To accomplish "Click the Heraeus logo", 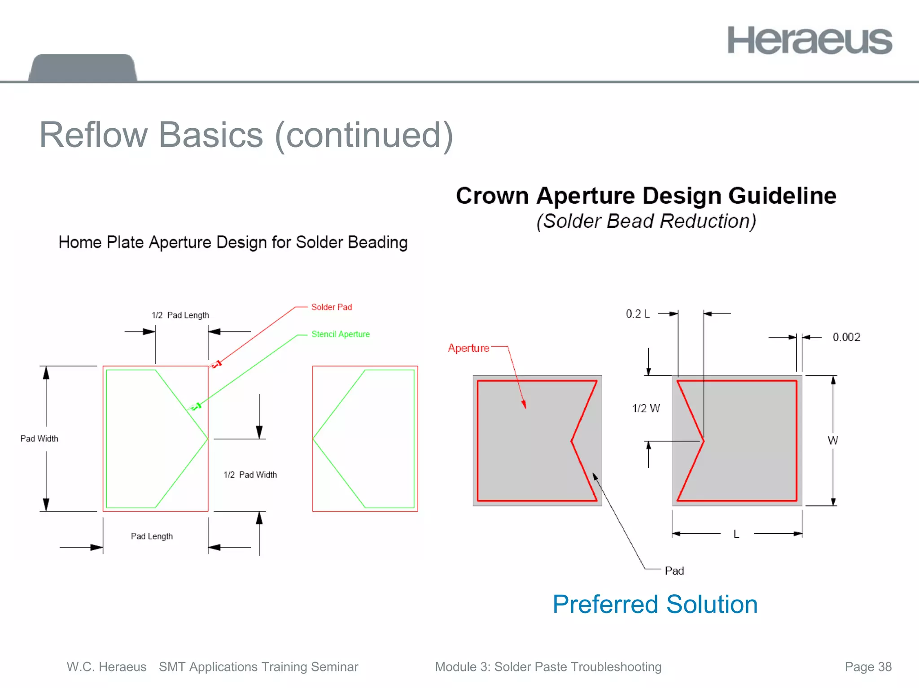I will click(x=809, y=40).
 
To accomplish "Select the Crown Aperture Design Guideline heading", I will click(x=646, y=196).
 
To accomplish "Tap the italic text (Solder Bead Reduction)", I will click(x=646, y=221).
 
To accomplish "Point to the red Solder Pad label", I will click(x=331, y=307).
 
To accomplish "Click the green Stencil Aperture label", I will click(x=340, y=334).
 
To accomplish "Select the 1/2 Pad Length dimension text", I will click(x=180, y=315).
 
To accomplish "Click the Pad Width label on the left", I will click(x=39, y=439).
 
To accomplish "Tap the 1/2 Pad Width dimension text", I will click(x=250, y=475).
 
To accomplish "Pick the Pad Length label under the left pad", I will click(x=152, y=536).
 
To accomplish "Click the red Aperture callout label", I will click(x=468, y=348).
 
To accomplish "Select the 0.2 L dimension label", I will click(x=637, y=314).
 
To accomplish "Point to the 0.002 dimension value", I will click(x=846, y=337).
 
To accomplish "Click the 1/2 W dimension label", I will click(x=646, y=408).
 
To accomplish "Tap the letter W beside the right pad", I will click(x=833, y=440).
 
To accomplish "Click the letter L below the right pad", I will click(x=736, y=534).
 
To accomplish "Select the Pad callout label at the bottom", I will click(x=674, y=571).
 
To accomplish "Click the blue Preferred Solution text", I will click(x=655, y=604).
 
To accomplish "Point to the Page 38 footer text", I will click(x=868, y=667).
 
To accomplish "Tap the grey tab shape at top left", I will click(x=83, y=68).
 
